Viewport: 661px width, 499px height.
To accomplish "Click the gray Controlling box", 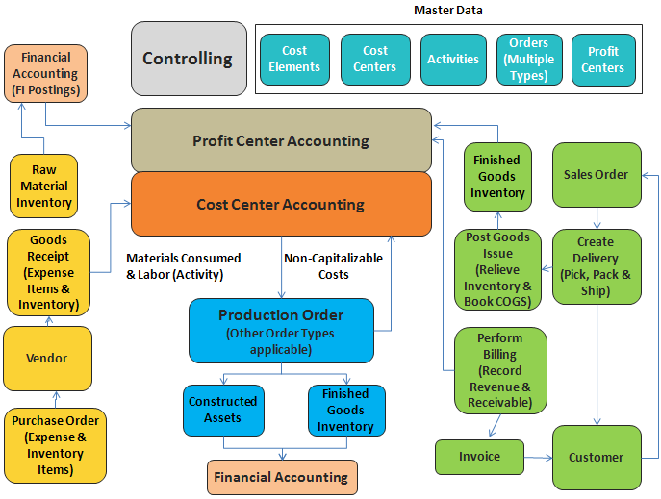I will point(188,59).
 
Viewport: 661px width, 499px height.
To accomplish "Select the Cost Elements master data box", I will point(294,59).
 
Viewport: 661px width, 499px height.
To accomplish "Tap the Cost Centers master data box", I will point(375,59).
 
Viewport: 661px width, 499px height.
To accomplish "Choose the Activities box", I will point(453,59).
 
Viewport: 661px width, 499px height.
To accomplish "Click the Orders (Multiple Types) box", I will point(528,59).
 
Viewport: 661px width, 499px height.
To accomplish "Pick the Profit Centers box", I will point(603,59).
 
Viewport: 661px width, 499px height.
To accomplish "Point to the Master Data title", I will point(447,11).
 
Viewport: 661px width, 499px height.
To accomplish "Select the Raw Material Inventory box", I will point(44,186).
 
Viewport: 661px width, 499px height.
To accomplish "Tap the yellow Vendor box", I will point(47,358).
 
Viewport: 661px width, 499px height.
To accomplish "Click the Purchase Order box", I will point(56,445).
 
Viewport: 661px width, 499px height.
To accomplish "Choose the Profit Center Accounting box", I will point(280,140).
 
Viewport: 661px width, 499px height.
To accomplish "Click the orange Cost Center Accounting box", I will point(280,204).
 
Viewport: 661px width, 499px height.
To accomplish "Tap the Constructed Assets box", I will point(223,409).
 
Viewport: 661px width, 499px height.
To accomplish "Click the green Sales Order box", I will point(596,174).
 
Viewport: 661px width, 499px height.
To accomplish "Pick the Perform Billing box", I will point(499,370).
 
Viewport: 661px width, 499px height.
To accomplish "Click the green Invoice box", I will point(479,457).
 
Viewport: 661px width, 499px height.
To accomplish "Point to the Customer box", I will point(596,457).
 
